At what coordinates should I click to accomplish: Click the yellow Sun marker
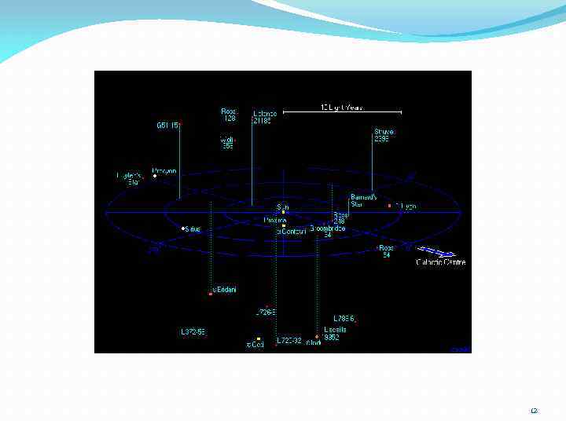point(283,213)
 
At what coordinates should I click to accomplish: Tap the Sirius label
point(193,229)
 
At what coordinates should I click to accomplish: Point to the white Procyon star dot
point(155,176)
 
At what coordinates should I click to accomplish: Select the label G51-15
point(168,125)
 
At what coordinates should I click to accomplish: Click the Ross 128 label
point(229,115)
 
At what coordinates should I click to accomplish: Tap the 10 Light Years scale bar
point(342,111)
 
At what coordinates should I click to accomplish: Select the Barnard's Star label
point(363,200)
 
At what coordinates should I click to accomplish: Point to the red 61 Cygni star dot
point(390,206)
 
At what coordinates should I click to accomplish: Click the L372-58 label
point(193,332)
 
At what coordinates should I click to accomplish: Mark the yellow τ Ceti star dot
point(259,339)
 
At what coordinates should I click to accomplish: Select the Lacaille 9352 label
point(334,334)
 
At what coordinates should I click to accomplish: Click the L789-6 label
point(344,318)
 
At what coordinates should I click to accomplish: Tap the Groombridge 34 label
point(324,232)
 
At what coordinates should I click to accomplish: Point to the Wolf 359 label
point(227,142)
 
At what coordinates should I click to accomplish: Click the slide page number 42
point(534,411)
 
